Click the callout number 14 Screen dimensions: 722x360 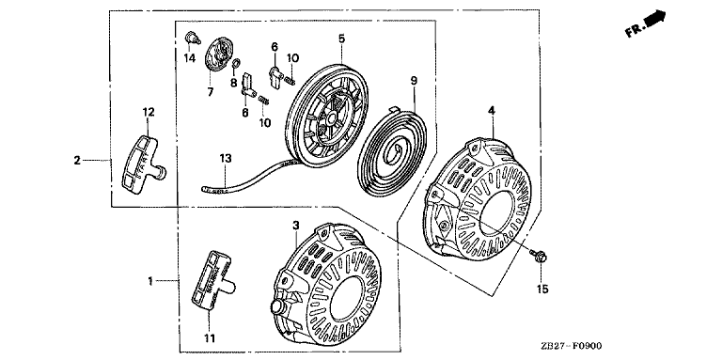click(x=190, y=58)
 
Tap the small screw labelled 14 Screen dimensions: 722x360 click(x=193, y=38)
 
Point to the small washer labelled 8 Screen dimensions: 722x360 click(x=235, y=64)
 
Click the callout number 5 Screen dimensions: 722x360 click(x=341, y=39)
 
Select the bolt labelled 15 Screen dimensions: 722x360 click(x=538, y=256)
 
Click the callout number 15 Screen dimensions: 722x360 click(x=542, y=289)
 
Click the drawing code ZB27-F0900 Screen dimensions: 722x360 click(x=572, y=346)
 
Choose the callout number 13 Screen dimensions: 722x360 click(x=226, y=158)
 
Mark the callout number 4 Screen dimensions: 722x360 click(x=492, y=111)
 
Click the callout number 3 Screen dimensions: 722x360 click(x=296, y=225)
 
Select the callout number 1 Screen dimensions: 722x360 click(x=150, y=280)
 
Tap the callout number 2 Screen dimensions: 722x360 click(x=77, y=160)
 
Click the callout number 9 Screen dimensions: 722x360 click(x=414, y=81)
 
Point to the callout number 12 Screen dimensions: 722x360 click(x=149, y=112)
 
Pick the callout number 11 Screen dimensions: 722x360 click(x=210, y=338)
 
